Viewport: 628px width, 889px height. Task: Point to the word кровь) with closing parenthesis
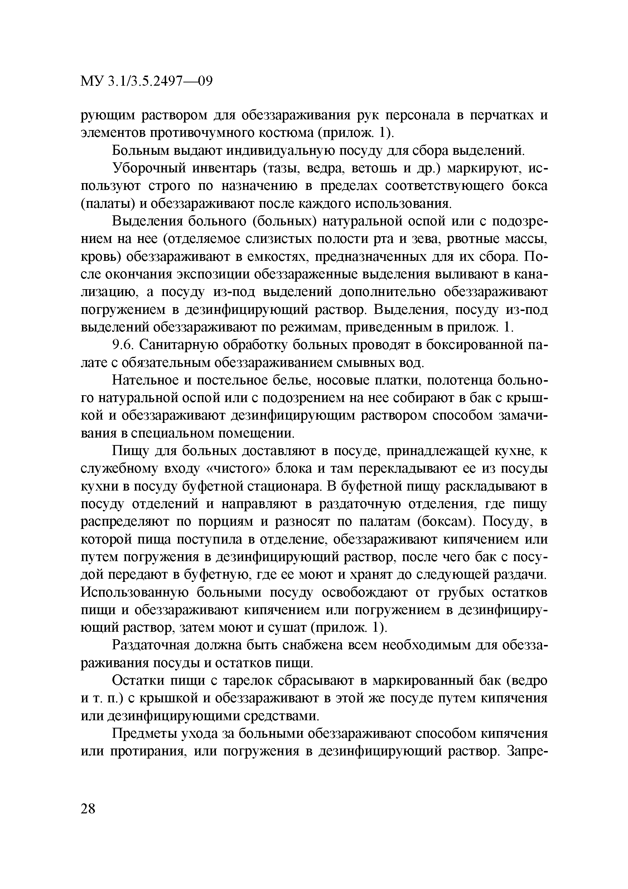click(100, 257)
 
